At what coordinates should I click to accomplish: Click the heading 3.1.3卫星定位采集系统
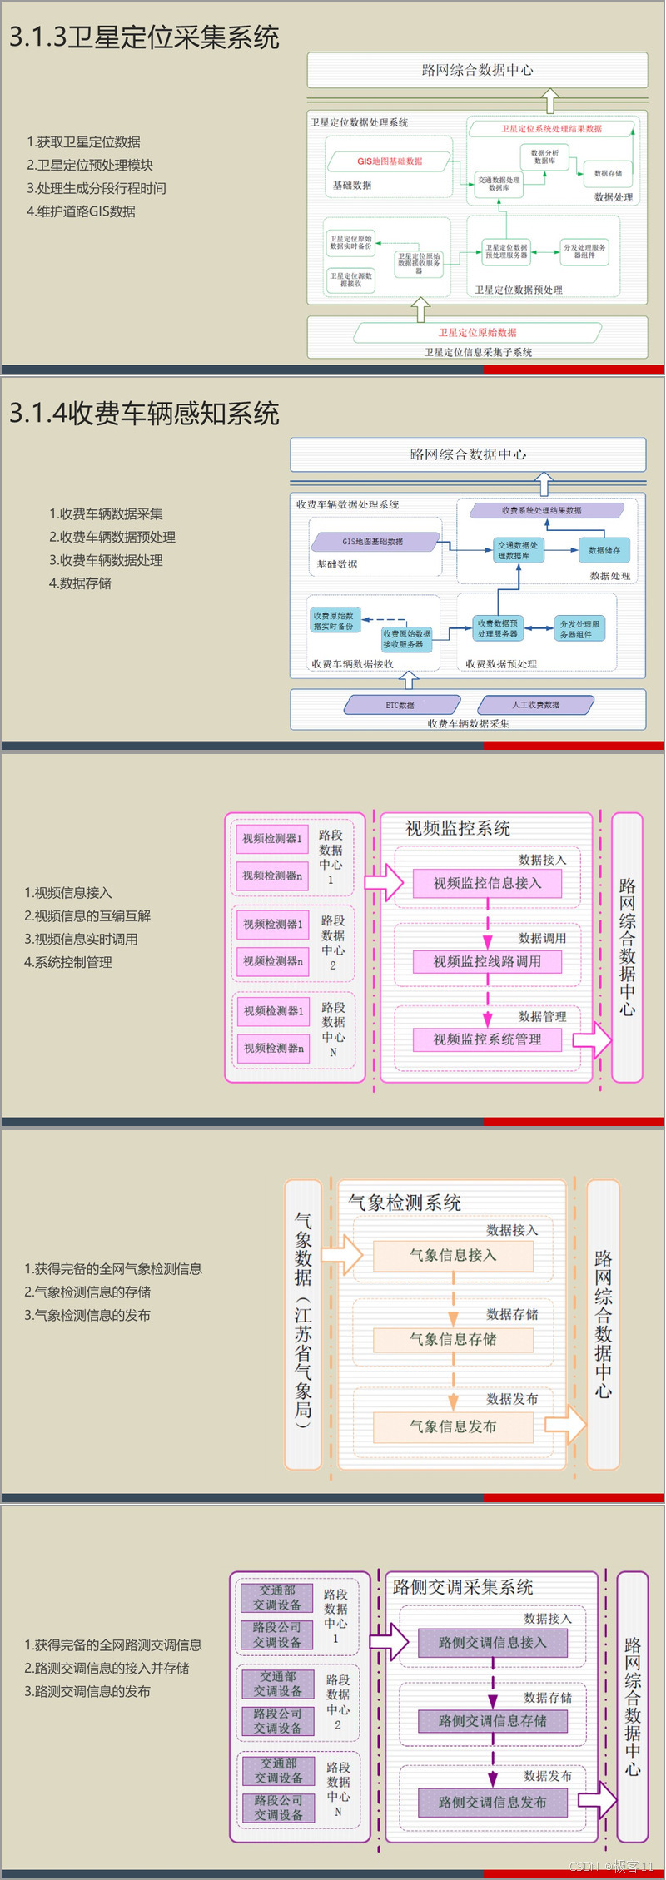pos(144,37)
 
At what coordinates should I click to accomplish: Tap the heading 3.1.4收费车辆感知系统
pos(144,414)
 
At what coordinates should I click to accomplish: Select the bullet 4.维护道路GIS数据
pos(81,211)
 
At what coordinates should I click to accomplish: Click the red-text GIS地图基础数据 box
pos(390,161)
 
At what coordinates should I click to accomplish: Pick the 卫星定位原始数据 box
pos(477,332)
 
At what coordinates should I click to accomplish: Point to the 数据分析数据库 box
pos(544,156)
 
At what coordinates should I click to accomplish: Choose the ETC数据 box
pos(400,705)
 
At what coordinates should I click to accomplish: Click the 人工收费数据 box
pos(535,705)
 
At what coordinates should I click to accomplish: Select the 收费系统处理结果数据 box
pos(541,510)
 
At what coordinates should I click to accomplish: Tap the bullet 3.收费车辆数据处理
pos(106,560)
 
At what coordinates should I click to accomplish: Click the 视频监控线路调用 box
pos(487,961)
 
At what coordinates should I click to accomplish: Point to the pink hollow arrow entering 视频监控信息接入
pos(384,882)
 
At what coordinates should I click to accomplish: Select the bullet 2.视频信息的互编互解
pos(87,915)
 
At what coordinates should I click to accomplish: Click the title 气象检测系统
pos(405,1202)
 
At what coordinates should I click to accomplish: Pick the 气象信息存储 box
pos(453,1339)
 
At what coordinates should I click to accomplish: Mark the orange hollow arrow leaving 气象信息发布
pos(565,1425)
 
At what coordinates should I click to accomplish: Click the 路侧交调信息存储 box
pos(493,1720)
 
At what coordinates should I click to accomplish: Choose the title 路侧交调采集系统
pos(463,1586)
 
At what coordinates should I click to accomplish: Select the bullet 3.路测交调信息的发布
pos(87,1691)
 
